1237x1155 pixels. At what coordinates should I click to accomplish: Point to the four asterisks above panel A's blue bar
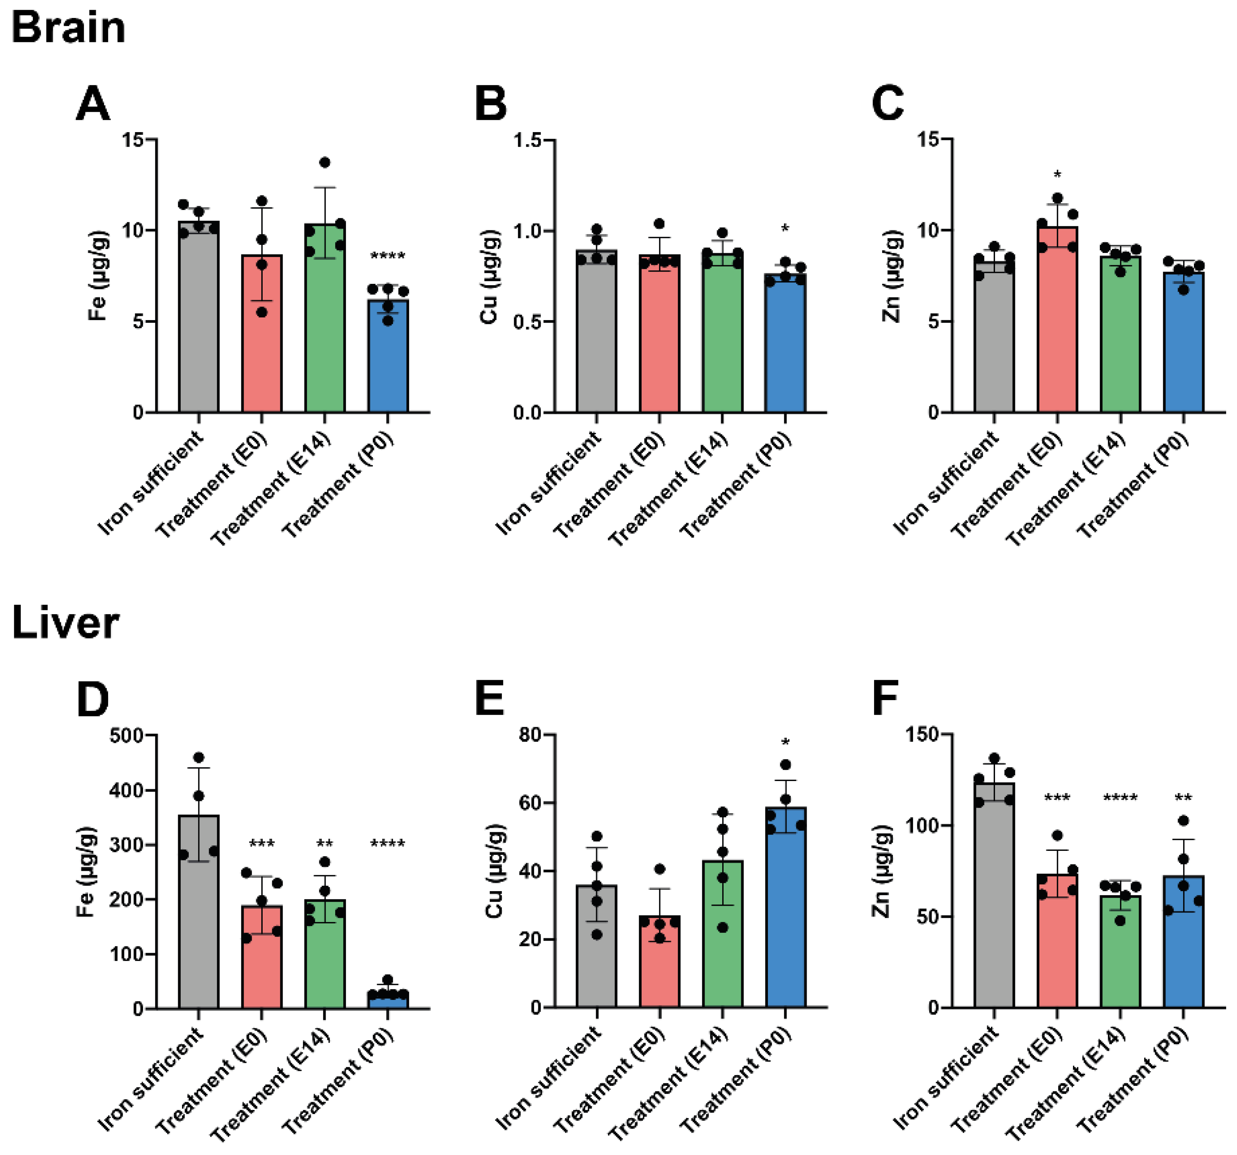pos(388,256)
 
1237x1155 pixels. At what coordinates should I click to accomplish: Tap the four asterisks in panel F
pos(1120,798)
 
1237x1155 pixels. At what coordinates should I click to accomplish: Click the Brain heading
pos(68,28)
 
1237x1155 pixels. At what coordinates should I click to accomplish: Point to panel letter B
pos(490,104)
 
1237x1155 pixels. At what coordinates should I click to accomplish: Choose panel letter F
pos(885,699)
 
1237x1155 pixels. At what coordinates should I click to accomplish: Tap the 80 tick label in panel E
pos(531,735)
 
